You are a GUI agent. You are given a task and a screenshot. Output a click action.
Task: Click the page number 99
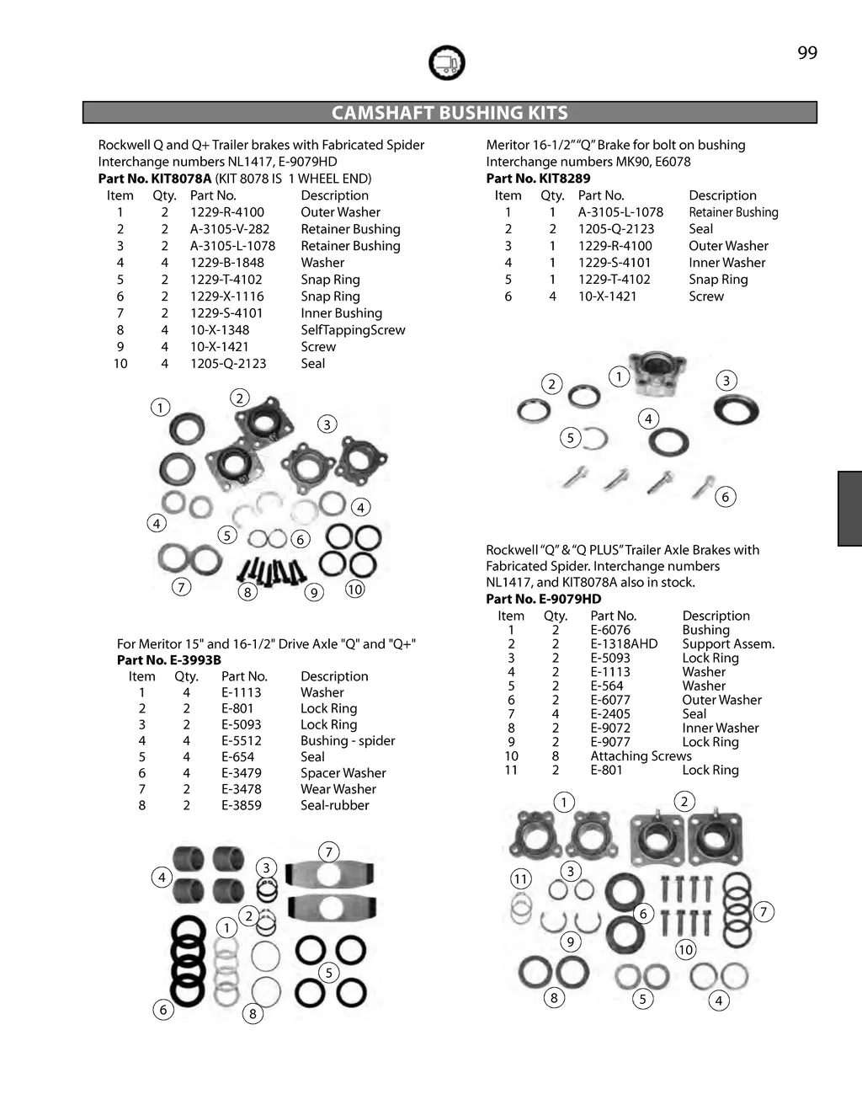[x=806, y=53]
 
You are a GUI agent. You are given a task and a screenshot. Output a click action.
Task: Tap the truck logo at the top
[x=446, y=63]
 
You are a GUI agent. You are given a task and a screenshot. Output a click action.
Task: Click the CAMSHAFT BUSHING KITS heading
[x=450, y=113]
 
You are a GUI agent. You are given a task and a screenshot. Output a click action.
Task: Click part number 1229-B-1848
[x=226, y=263]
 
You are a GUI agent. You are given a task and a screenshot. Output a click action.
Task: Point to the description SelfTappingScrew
[x=353, y=330]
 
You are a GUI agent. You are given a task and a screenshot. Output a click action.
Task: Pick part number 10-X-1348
[x=219, y=330]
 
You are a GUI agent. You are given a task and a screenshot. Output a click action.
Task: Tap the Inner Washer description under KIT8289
[x=726, y=263]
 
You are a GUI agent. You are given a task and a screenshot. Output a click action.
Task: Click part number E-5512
[x=241, y=741]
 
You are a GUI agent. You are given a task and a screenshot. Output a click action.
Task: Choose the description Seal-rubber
[x=334, y=805]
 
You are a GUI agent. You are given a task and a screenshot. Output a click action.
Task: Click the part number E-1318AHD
[x=624, y=644]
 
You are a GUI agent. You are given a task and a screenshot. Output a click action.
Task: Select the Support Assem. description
[x=728, y=644]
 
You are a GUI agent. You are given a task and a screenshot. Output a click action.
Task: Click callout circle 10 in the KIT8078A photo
[x=354, y=590]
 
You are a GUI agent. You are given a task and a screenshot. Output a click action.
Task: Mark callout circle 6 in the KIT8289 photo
[x=725, y=497]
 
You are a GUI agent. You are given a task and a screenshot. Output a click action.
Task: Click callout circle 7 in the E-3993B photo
[x=328, y=851]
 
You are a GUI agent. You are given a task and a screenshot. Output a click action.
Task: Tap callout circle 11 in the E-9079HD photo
[x=521, y=879]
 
